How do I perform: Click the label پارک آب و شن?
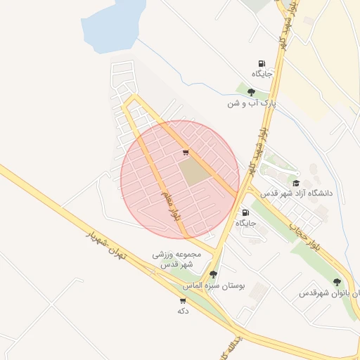pyautogui.click(x=249, y=103)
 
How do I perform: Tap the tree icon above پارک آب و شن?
pyautogui.click(x=251, y=91)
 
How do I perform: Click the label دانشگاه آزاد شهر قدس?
pyautogui.click(x=296, y=193)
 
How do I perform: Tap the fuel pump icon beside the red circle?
pyautogui.click(x=245, y=212)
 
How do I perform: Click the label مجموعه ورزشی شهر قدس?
pyautogui.click(x=177, y=259)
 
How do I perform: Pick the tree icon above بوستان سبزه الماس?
pyautogui.click(x=213, y=274)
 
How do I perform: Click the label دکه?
pyautogui.click(x=183, y=310)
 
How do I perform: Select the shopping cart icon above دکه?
pyautogui.click(x=183, y=300)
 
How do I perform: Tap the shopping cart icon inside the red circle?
pyautogui.click(x=185, y=152)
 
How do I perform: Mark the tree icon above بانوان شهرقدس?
pyautogui.click(x=337, y=281)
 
